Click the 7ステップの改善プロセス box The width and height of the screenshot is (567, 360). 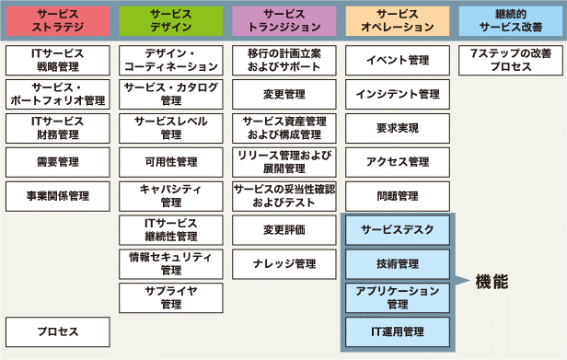(510, 61)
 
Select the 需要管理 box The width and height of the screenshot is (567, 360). (57, 162)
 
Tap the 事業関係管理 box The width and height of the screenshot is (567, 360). (57, 196)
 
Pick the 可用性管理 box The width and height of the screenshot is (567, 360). (170, 162)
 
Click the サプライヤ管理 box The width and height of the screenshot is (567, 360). (170, 297)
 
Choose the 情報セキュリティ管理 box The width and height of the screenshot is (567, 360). (170, 263)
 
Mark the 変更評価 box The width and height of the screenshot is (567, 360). (283, 230)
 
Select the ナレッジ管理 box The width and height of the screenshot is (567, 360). (283, 264)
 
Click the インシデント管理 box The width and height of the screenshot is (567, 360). (397, 94)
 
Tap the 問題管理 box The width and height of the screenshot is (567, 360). (397, 196)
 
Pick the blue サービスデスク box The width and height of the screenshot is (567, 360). (398, 230)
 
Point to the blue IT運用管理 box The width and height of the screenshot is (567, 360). (398, 330)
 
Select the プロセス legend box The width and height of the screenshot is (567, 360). (57, 331)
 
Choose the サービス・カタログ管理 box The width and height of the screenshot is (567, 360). (170, 94)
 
